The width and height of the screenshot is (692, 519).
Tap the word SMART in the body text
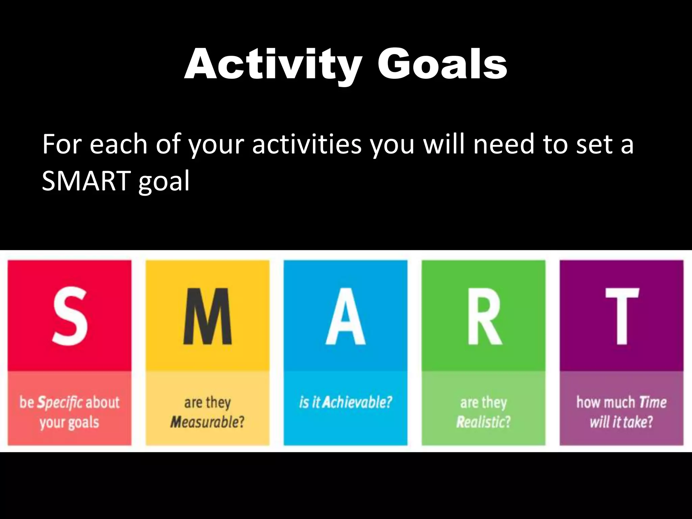coord(86,181)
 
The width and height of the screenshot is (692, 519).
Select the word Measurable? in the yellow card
coord(207,422)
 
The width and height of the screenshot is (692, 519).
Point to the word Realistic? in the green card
coord(484,422)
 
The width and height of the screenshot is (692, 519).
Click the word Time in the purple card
coord(653,402)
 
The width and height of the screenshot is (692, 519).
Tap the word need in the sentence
coord(503,145)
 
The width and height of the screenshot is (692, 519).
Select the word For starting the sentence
coord(61,145)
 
